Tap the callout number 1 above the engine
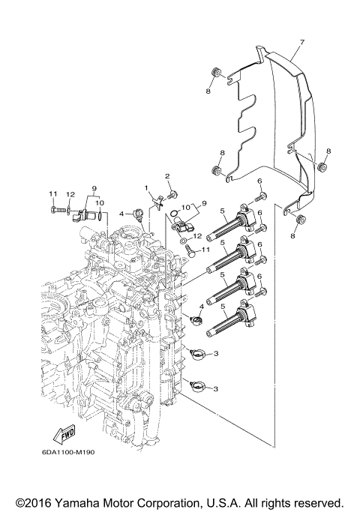click(x=148, y=186)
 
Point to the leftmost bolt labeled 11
click(x=58, y=212)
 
